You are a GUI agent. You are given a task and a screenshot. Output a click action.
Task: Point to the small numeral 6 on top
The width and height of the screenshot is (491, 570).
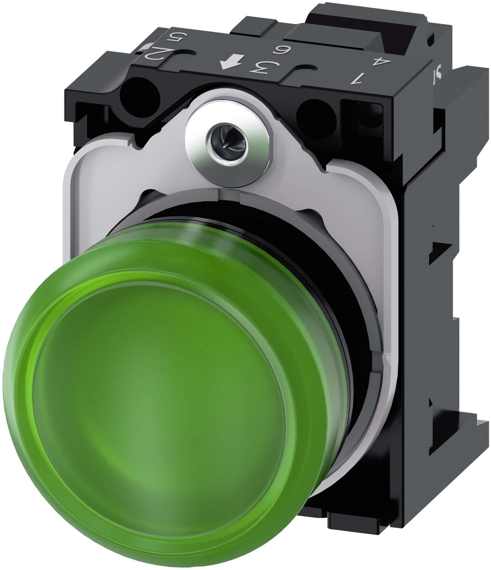click(267, 50)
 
